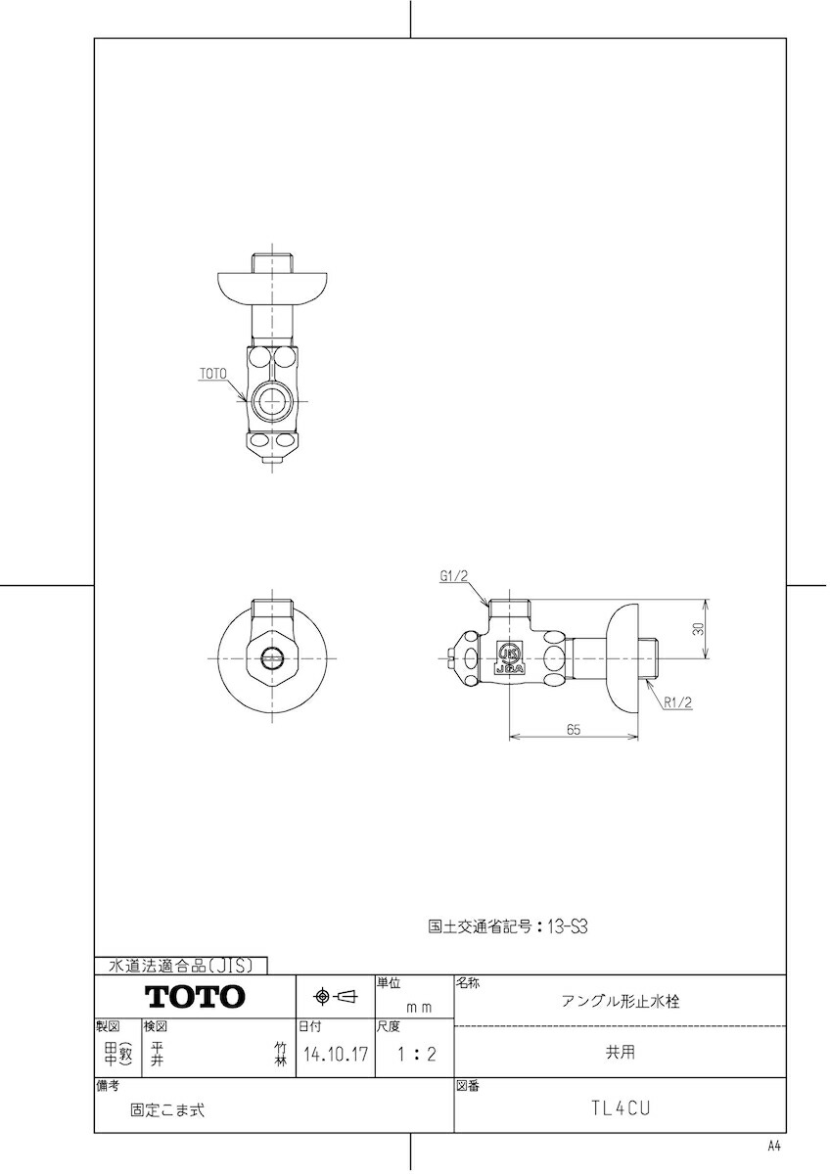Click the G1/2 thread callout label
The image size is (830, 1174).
[x=455, y=577]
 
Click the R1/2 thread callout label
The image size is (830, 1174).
[x=677, y=701]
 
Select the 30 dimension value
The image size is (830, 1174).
[x=698, y=630]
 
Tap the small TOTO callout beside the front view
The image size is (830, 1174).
[x=212, y=374]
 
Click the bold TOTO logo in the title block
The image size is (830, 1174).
[x=195, y=997]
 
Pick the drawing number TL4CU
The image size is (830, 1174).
[x=621, y=1108]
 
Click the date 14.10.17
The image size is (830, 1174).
[x=335, y=1055]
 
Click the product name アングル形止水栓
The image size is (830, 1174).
[x=621, y=1001]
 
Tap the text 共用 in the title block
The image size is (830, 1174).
[x=621, y=1053]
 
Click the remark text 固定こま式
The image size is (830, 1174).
[x=167, y=1110]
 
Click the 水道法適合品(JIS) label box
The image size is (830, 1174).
[x=181, y=966]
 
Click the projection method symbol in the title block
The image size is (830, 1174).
[x=335, y=997]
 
